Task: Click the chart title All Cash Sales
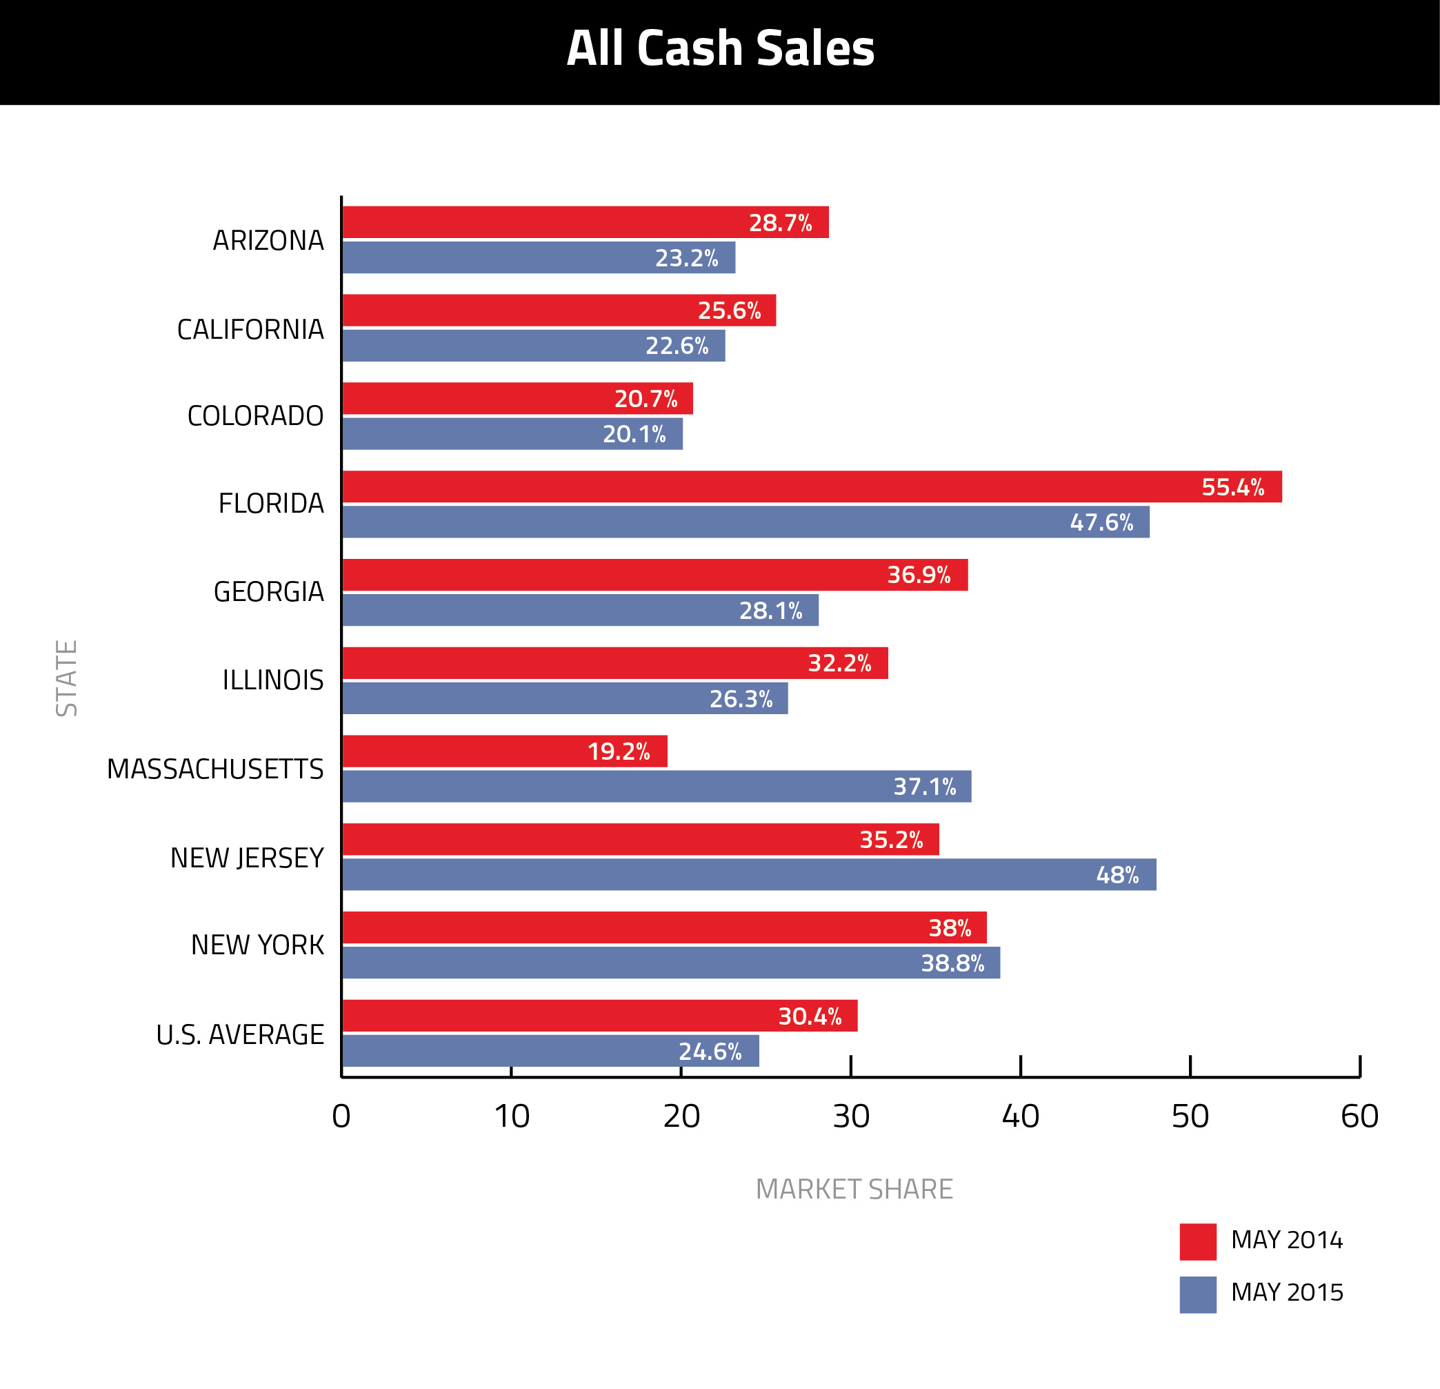[720, 48]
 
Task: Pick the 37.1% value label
[924, 787]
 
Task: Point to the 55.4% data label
[1233, 487]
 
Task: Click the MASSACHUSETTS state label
[215, 769]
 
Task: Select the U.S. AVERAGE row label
[239, 1035]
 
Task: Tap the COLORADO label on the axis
[255, 416]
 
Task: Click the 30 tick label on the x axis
[851, 1117]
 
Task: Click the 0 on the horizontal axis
[341, 1117]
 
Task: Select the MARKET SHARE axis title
[854, 1189]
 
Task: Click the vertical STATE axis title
[67, 678]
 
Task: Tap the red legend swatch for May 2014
[1197, 1242]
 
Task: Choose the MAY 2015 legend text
[1286, 1292]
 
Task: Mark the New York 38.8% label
[952, 963]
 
